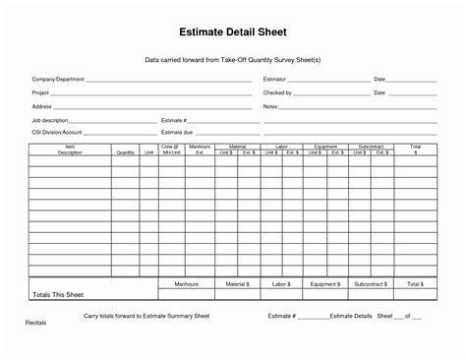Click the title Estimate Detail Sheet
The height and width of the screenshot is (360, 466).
(232, 31)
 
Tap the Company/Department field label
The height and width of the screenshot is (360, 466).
(58, 79)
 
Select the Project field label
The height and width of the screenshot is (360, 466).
(40, 92)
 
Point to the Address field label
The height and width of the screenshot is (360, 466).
(41, 105)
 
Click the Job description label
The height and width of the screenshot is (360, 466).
(50, 119)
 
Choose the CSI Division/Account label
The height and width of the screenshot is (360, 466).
(57, 131)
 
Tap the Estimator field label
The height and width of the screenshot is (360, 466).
(274, 79)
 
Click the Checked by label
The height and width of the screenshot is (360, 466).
(277, 92)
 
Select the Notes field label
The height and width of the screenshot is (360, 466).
(270, 105)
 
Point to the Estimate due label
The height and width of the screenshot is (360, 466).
(177, 131)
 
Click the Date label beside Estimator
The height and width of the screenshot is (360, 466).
(379, 79)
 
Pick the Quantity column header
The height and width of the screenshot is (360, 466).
(125, 152)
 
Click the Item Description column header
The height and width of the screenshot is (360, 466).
(70, 150)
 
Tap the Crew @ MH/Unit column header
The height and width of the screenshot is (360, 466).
(171, 150)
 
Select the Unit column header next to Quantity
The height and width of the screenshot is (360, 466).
(148, 152)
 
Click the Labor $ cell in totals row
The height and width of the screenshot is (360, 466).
(281, 283)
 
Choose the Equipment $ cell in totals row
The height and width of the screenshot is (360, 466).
(325, 283)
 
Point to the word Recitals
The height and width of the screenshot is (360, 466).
(35, 323)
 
